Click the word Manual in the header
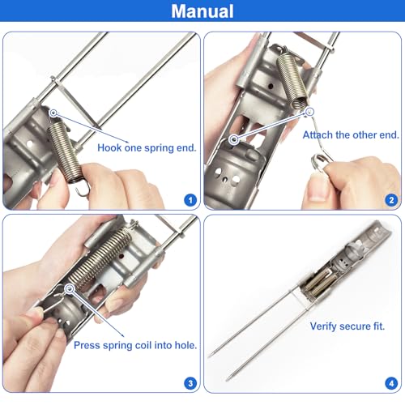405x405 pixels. click(202, 11)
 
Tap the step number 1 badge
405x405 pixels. click(190, 200)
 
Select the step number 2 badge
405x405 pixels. click(391, 200)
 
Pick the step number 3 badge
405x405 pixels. click(190, 383)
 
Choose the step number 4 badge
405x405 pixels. click(391, 383)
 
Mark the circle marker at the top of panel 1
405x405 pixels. click(53, 113)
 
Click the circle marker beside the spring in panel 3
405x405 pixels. click(70, 288)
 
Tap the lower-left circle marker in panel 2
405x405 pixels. click(234, 139)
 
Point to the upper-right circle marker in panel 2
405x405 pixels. click(309, 111)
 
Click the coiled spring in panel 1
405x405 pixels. click(65, 151)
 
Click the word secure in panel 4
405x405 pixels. click(355, 326)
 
